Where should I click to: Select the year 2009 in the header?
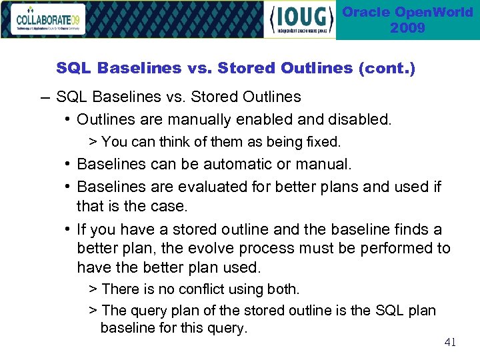pos(407,28)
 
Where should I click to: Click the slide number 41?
pos(450,343)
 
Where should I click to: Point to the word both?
pos(284,289)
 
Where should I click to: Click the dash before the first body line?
pos(44,97)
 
